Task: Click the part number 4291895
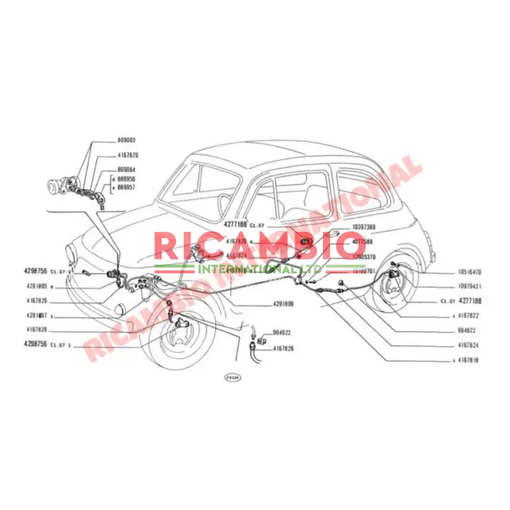[35, 287]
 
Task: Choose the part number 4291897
[35, 315]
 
